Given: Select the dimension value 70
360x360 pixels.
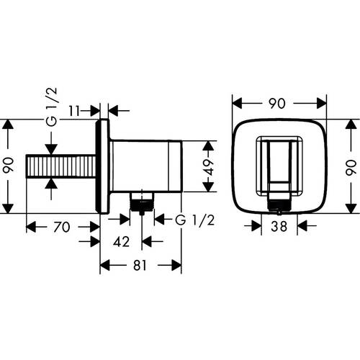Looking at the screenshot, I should (x=62, y=227).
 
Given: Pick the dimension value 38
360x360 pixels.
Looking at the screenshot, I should (x=281, y=227).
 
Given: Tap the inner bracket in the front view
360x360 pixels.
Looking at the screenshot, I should (x=279, y=166).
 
